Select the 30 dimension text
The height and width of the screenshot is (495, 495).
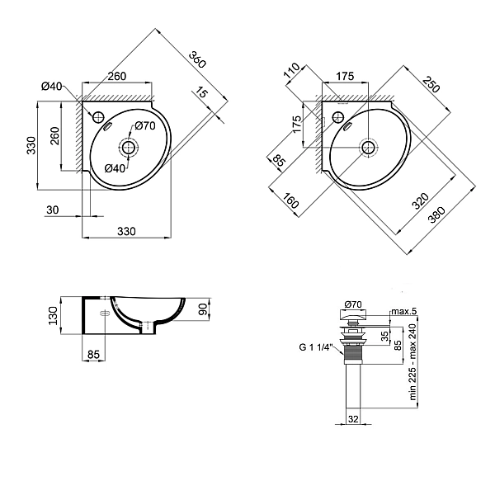(53, 210)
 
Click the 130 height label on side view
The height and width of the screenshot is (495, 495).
(52, 316)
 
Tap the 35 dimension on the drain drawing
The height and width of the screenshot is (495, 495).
(384, 337)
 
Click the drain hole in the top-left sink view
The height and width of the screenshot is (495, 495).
(127, 148)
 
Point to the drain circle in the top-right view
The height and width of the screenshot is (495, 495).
(370, 148)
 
